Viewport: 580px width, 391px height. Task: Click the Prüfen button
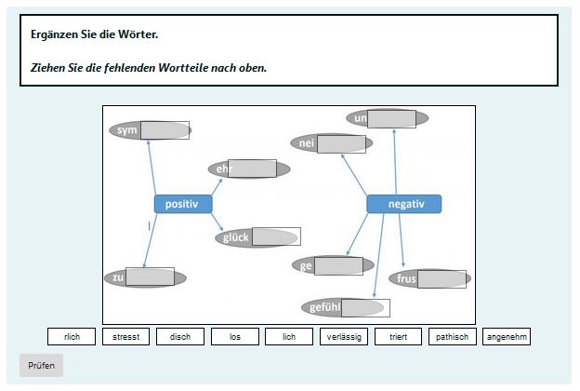click(41, 366)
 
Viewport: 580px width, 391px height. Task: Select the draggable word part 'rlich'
click(72, 337)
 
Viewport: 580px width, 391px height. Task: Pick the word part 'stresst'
click(125, 337)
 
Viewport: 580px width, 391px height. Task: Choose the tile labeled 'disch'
click(180, 337)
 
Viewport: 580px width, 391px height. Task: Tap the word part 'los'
click(235, 337)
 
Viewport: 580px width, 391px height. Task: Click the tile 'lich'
click(289, 337)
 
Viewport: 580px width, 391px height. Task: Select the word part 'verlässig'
click(344, 337)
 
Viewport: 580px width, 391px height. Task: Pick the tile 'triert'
click(399, 337)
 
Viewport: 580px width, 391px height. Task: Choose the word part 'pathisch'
click(453, 337)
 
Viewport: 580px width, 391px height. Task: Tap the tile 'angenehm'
click(507, 337)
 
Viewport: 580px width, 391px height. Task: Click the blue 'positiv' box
click(182, 204)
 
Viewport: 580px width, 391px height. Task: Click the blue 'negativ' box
click(403, 204)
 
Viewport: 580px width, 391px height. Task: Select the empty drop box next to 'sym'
click(165, 130)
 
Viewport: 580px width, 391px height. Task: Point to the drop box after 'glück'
click(276, 236)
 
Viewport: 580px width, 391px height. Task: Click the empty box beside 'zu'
click(150, 276)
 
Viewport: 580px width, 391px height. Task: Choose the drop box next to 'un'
click(391, 118)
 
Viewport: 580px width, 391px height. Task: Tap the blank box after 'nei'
click(341, 143)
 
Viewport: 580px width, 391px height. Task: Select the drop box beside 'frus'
click(442, 279)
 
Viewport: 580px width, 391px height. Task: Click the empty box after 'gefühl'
click(365, 308)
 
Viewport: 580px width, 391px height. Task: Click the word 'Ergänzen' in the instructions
click(56, 34)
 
